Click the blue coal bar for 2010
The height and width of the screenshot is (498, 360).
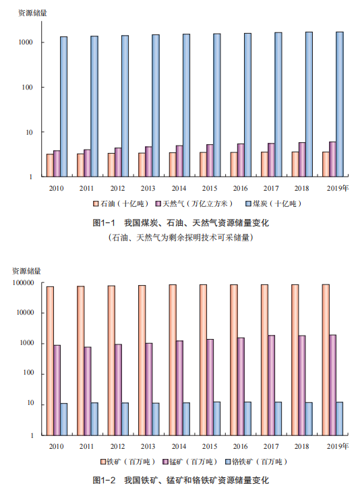pyautogui.click(x=63, y=106)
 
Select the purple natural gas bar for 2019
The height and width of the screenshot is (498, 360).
pyautogui.click(x=332, y=159)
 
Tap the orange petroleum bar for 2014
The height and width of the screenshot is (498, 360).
pyautogui.click(x=172, y=164)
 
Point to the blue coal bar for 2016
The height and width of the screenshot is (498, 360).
pyautogui.click(x=247, y=105)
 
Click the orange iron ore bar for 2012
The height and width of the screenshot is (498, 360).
pyautogui.click(x=111, y=360)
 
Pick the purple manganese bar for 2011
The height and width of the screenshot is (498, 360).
pyautogui.click(x=88, y=391)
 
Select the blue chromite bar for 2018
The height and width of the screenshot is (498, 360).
pyautogui.click(x=309, y=418)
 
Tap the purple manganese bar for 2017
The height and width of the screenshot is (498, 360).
pyautogui.click(x=272, y=385)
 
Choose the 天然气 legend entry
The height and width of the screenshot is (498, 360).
pyautogui.click(x=194, y=204)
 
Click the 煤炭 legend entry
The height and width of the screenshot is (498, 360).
pyautogui.click(x=273, y=204)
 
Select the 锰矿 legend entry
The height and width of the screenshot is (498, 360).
pyautogui.click(x=190, y=462)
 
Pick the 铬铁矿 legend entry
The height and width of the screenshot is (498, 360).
pyautogui.click(x=256, y=462)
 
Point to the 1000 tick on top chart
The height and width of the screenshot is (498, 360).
pyautogui.click(x=26, y=42)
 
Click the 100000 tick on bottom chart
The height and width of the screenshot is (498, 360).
pyautogui.click(x=23, y=282)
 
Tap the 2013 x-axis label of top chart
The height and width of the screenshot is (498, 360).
pyautogui.click(x=148, y=188)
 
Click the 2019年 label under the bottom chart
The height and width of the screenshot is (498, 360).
pyautogui.click(x=338, y=446)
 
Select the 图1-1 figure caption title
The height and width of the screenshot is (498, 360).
pyautogui.click(x=181, y=222)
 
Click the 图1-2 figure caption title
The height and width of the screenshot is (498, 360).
pyautogui.click(x=181, y=480)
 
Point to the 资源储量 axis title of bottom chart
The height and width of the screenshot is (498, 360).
pyautogui.click(x=27, y=271)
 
